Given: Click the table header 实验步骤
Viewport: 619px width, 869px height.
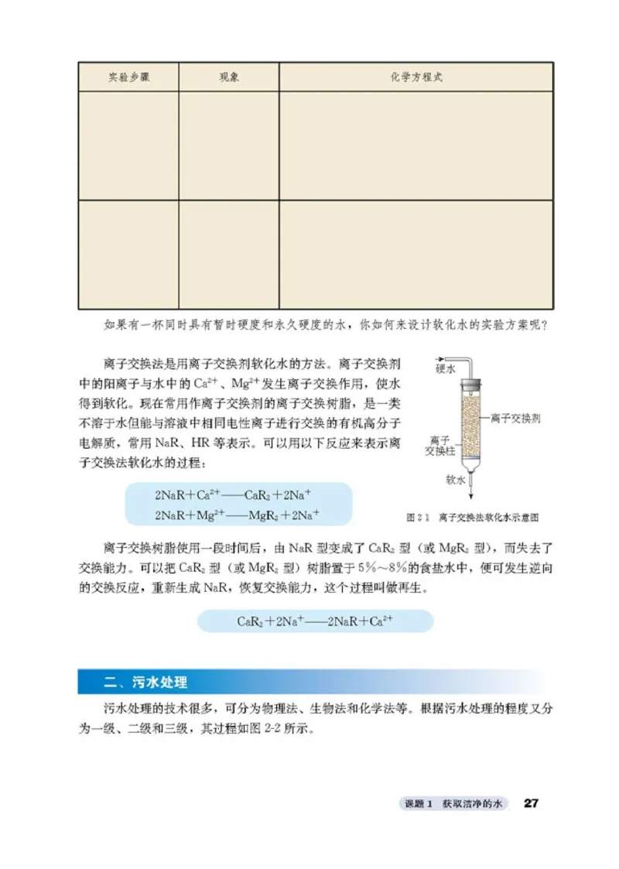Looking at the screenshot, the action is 128,77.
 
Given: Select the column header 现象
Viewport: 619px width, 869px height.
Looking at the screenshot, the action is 228,77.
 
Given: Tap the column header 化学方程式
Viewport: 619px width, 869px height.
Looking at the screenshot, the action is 416,77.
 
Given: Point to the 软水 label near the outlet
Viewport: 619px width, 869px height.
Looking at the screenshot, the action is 455,479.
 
